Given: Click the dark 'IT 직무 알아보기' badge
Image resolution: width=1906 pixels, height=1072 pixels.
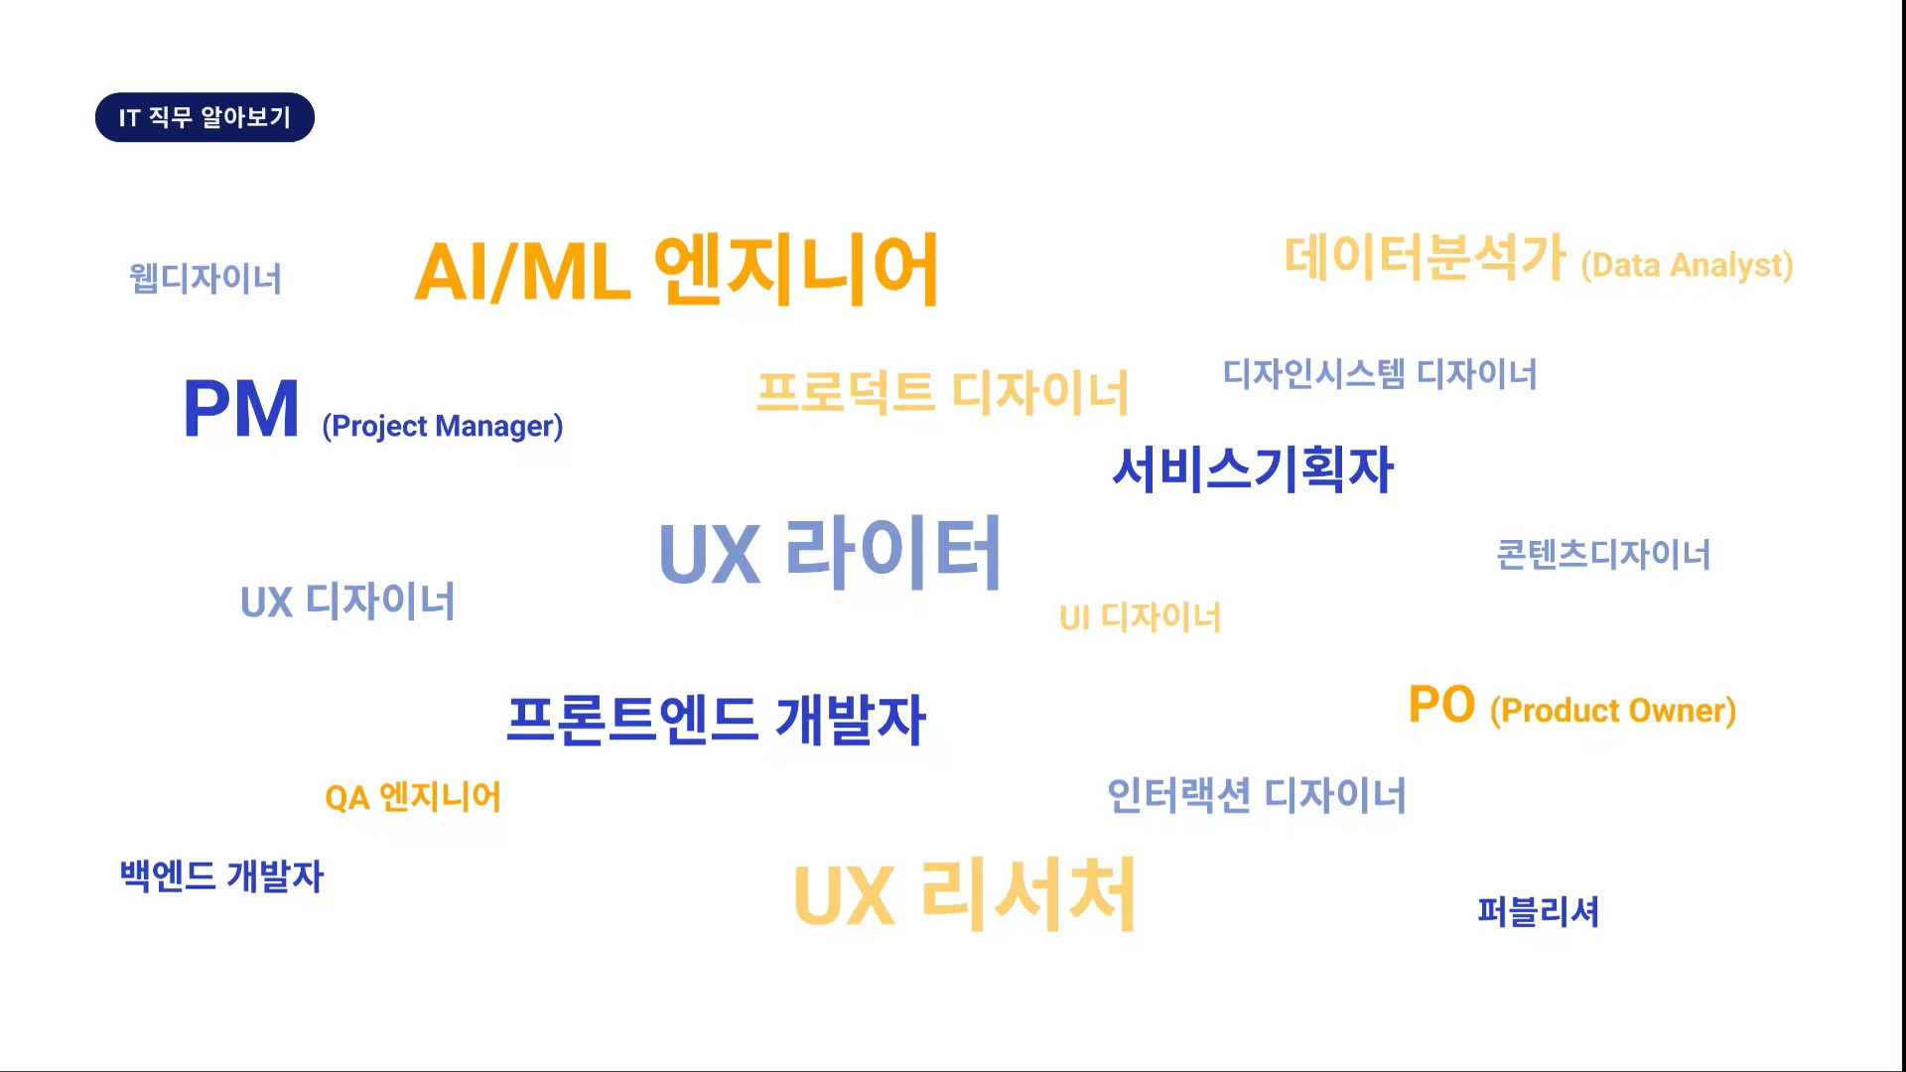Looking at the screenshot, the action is [204, 117].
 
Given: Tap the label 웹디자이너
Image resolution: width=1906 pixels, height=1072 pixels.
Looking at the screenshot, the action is [205, 278].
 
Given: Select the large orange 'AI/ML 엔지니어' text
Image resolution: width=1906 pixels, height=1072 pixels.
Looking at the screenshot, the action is [677, 269].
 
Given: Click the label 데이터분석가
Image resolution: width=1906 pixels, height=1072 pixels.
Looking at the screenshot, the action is [1425, 257].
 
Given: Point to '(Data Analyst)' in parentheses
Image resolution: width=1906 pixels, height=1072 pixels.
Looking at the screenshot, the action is [1687, 266].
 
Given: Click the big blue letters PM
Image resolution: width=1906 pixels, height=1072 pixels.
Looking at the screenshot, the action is [241, 409].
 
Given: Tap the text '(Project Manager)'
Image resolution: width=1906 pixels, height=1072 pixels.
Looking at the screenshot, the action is [443, 426].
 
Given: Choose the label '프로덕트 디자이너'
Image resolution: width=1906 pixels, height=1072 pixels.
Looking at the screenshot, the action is [943, 392].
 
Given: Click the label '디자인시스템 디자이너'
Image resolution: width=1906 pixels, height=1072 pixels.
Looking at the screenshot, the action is [1380, 374].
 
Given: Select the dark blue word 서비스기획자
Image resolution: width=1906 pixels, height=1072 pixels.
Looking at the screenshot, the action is [1253, 469].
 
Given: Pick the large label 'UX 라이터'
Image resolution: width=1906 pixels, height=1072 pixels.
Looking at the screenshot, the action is [830, 553].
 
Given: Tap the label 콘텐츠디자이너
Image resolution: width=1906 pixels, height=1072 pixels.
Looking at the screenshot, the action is [1603, 554].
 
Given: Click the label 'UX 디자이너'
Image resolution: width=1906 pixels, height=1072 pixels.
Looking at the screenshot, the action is [347, 602].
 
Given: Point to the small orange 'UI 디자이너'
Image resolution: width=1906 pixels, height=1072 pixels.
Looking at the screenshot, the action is [1140, 617].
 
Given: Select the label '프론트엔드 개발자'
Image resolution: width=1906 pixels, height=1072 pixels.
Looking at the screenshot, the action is [716, 720].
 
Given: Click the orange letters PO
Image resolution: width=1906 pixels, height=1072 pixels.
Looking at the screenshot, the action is [1441, 705].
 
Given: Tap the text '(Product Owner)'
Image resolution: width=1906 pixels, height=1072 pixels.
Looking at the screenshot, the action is [1613, 711].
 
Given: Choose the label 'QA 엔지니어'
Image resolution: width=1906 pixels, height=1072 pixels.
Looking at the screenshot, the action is [413, 797].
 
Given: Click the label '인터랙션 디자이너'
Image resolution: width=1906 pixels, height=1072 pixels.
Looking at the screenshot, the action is [1257, 795].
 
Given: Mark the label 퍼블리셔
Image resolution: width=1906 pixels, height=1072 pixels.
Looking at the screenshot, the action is [1538, 911].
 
